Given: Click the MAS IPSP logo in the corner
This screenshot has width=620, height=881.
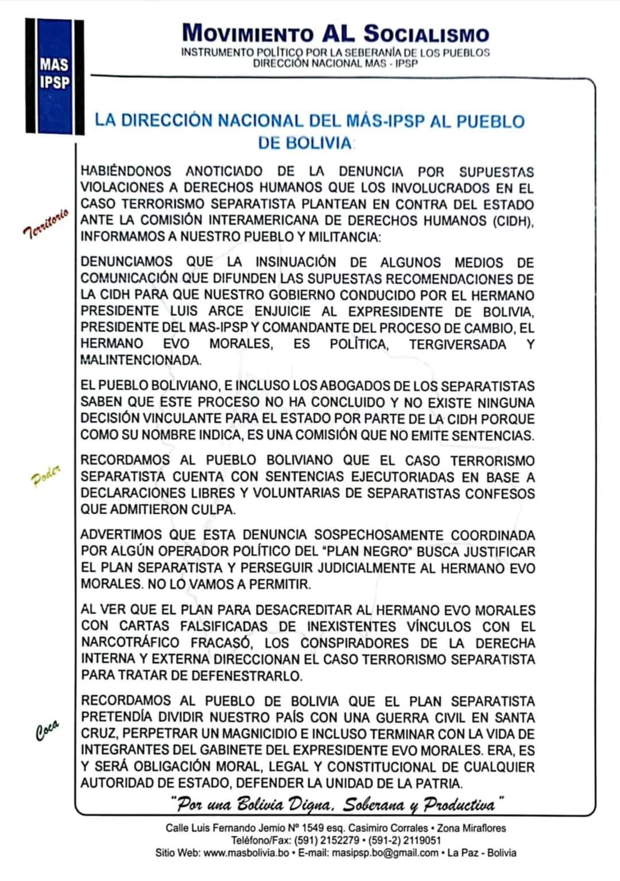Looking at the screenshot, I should [55, 76].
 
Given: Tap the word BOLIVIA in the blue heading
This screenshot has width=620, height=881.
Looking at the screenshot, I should [304, 143].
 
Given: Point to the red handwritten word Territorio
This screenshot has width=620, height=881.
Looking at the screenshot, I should [46, 223].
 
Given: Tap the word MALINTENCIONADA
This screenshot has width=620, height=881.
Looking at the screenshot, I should [141, 360].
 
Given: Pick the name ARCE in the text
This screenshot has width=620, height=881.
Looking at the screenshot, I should [225, 312].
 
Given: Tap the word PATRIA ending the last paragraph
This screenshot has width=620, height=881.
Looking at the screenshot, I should [438, 783].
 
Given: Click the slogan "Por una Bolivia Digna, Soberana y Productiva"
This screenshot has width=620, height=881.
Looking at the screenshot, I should [337, 804].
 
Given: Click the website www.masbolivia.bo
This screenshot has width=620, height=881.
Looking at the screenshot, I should [246, 853].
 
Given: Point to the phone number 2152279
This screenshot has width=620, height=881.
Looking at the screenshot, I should [340, 840].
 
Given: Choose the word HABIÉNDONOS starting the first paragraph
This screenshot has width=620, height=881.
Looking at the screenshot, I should [126, 171].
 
